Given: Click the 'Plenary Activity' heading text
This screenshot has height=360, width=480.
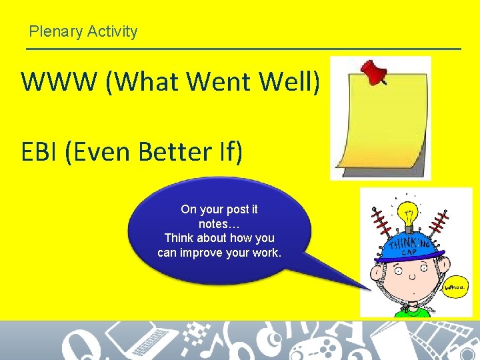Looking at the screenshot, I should click(83, 31).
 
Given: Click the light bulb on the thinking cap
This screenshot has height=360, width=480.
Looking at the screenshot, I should click(406, 215).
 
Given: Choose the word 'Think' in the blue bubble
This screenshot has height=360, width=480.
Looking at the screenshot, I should click(179, 238).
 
